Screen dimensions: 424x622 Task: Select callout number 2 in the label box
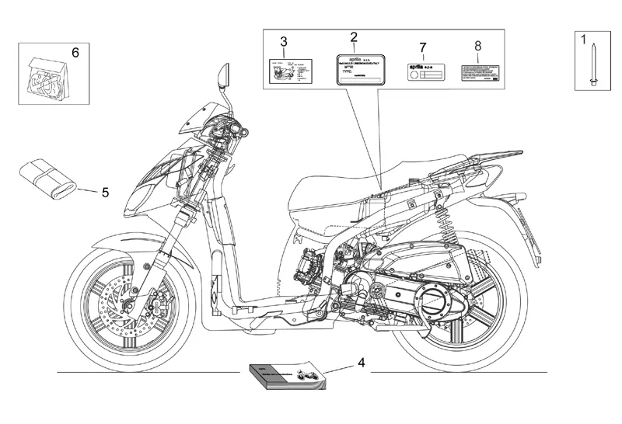point(354,37)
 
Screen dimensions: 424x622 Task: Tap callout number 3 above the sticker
point(284,41)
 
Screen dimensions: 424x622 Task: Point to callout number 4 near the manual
point(362,363)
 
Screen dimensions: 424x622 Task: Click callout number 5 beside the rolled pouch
point(106,191)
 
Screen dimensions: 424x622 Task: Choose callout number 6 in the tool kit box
point(75,53)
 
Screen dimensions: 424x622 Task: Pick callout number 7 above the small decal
point(422,47)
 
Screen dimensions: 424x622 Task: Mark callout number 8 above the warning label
point(478,45)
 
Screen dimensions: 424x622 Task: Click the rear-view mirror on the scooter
point(225,76)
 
